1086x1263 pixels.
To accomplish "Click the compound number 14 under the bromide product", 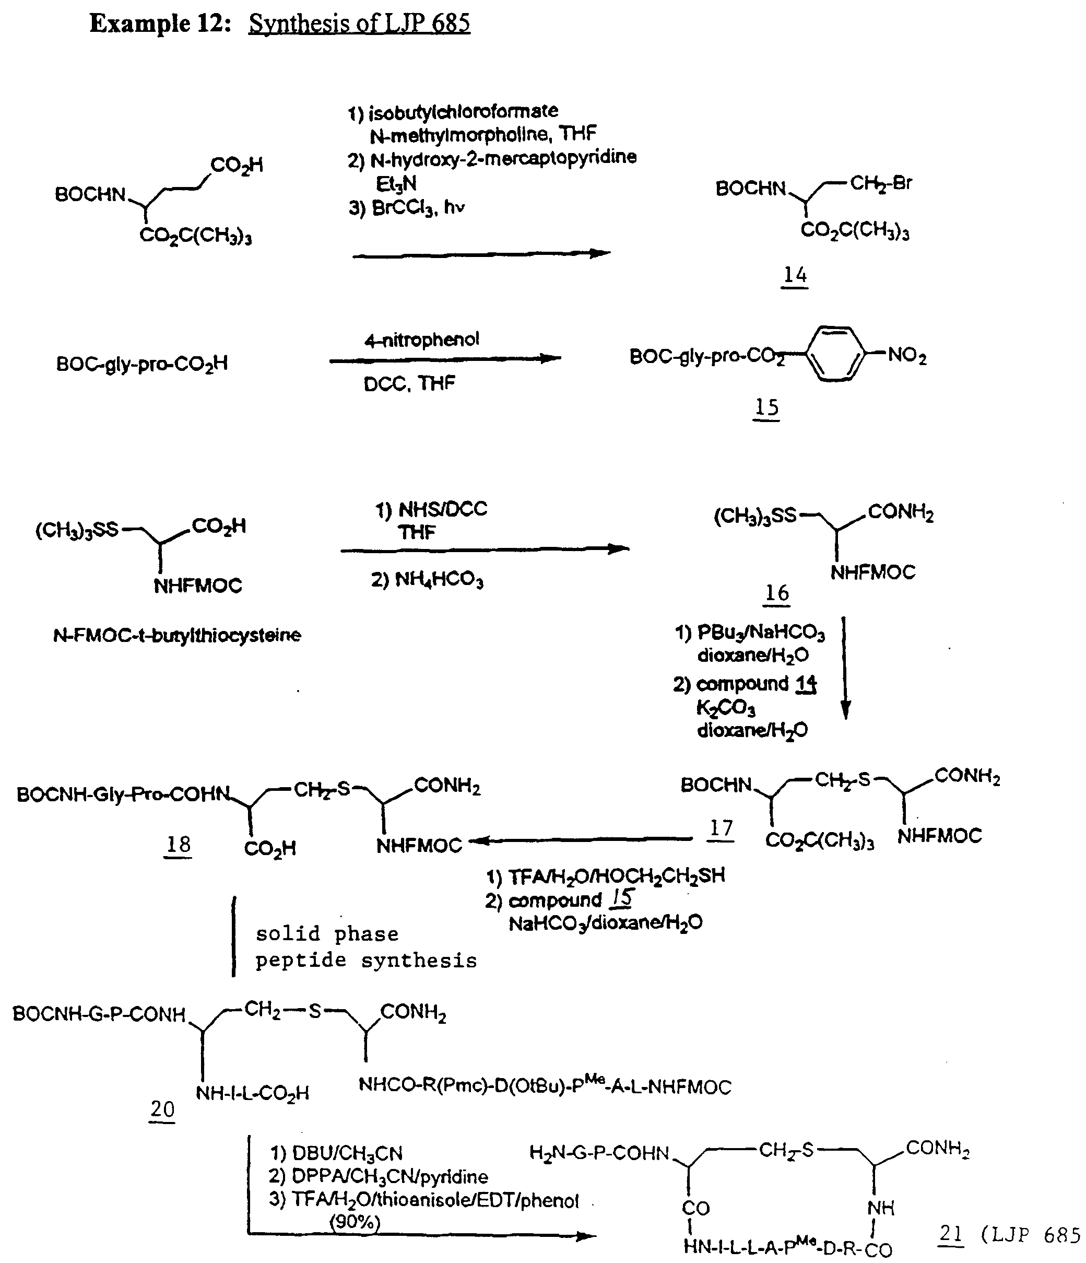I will pyautogui.click(x=795, y=275).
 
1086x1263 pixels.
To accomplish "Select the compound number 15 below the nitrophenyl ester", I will pyautogui.click(x=766, y=407).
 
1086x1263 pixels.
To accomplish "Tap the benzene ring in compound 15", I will pyautogui.click(x=835, y=354).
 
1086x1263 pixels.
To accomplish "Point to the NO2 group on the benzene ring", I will pyautogui.click(x=907, y=355).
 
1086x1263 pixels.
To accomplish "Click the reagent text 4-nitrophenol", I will pyautogui.click(x=422, y=340).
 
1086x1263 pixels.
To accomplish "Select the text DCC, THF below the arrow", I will pyautogui.click(x=409, y=383).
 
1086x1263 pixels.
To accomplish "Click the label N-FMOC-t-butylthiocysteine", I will pyautogui.click(x=176, y=636).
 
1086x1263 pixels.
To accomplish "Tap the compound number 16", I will pyautogui.click(x=776, y=593).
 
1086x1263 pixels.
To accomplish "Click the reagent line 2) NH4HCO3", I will pyautogui.click(x=427, y=579).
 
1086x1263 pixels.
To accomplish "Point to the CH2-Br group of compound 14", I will pyautogui.click(x=881, y=183).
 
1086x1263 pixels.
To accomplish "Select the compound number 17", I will pyautogui.click(x=721, y=828).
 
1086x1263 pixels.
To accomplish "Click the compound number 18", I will pyautogui.click(x=178, y=845).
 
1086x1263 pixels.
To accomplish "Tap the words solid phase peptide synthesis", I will pyautogui.click(x=365, y=948).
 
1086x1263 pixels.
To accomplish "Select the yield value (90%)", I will pyautogui.click(x=355, y=1222).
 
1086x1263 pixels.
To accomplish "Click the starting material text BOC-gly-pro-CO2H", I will pyautogui.click(x=142, y=364).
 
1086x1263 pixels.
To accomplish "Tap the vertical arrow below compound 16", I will pyautogui.click(x=845, y=668).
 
